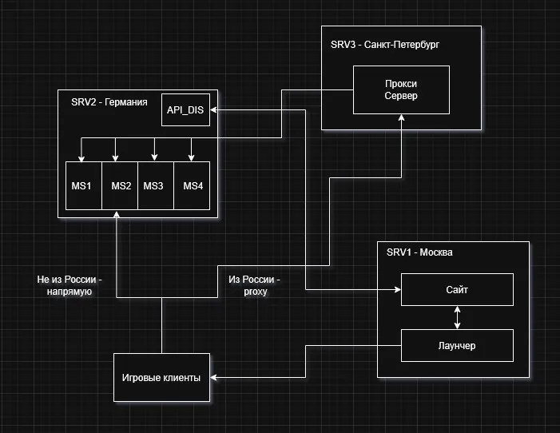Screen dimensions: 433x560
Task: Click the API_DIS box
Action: tap(185, 109)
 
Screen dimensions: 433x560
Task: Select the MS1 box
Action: tap(83, 185)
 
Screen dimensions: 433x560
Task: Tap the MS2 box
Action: tap(120, 185)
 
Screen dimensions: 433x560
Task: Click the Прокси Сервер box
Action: tap(401, 89)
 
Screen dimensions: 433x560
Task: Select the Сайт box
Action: tap(457, 289)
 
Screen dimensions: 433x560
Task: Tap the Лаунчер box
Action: tap(457, 345)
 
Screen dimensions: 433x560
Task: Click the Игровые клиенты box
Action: tap(161, 377)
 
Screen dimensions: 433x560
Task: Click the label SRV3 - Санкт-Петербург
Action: tap(384, 45)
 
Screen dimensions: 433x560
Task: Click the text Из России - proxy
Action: tap(254, 286)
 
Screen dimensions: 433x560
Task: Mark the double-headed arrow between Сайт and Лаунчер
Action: tap(457, 317)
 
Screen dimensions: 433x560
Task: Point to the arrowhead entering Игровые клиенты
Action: tap(215, 377)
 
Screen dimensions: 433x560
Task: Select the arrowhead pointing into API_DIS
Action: tap(215, 109)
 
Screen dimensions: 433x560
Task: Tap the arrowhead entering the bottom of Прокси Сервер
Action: tap(401, 118)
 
